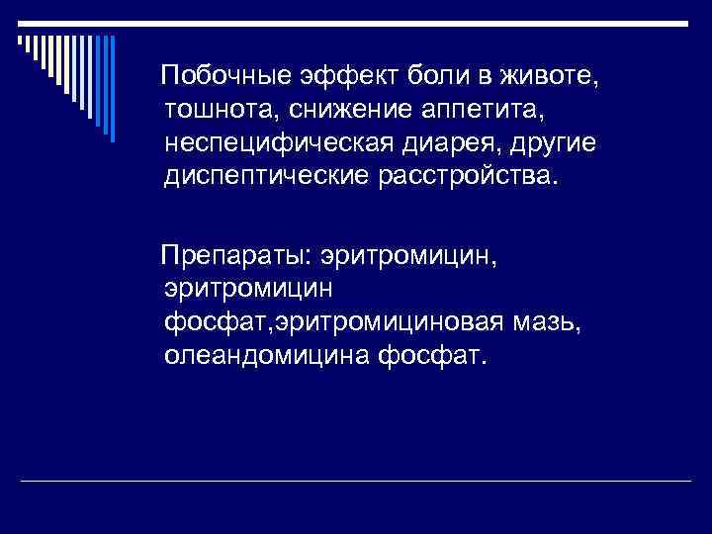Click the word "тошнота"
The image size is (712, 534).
tap(216, 109)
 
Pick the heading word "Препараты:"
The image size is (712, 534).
tap(238, 256)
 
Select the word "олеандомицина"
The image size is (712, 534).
tap(264, 356)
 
